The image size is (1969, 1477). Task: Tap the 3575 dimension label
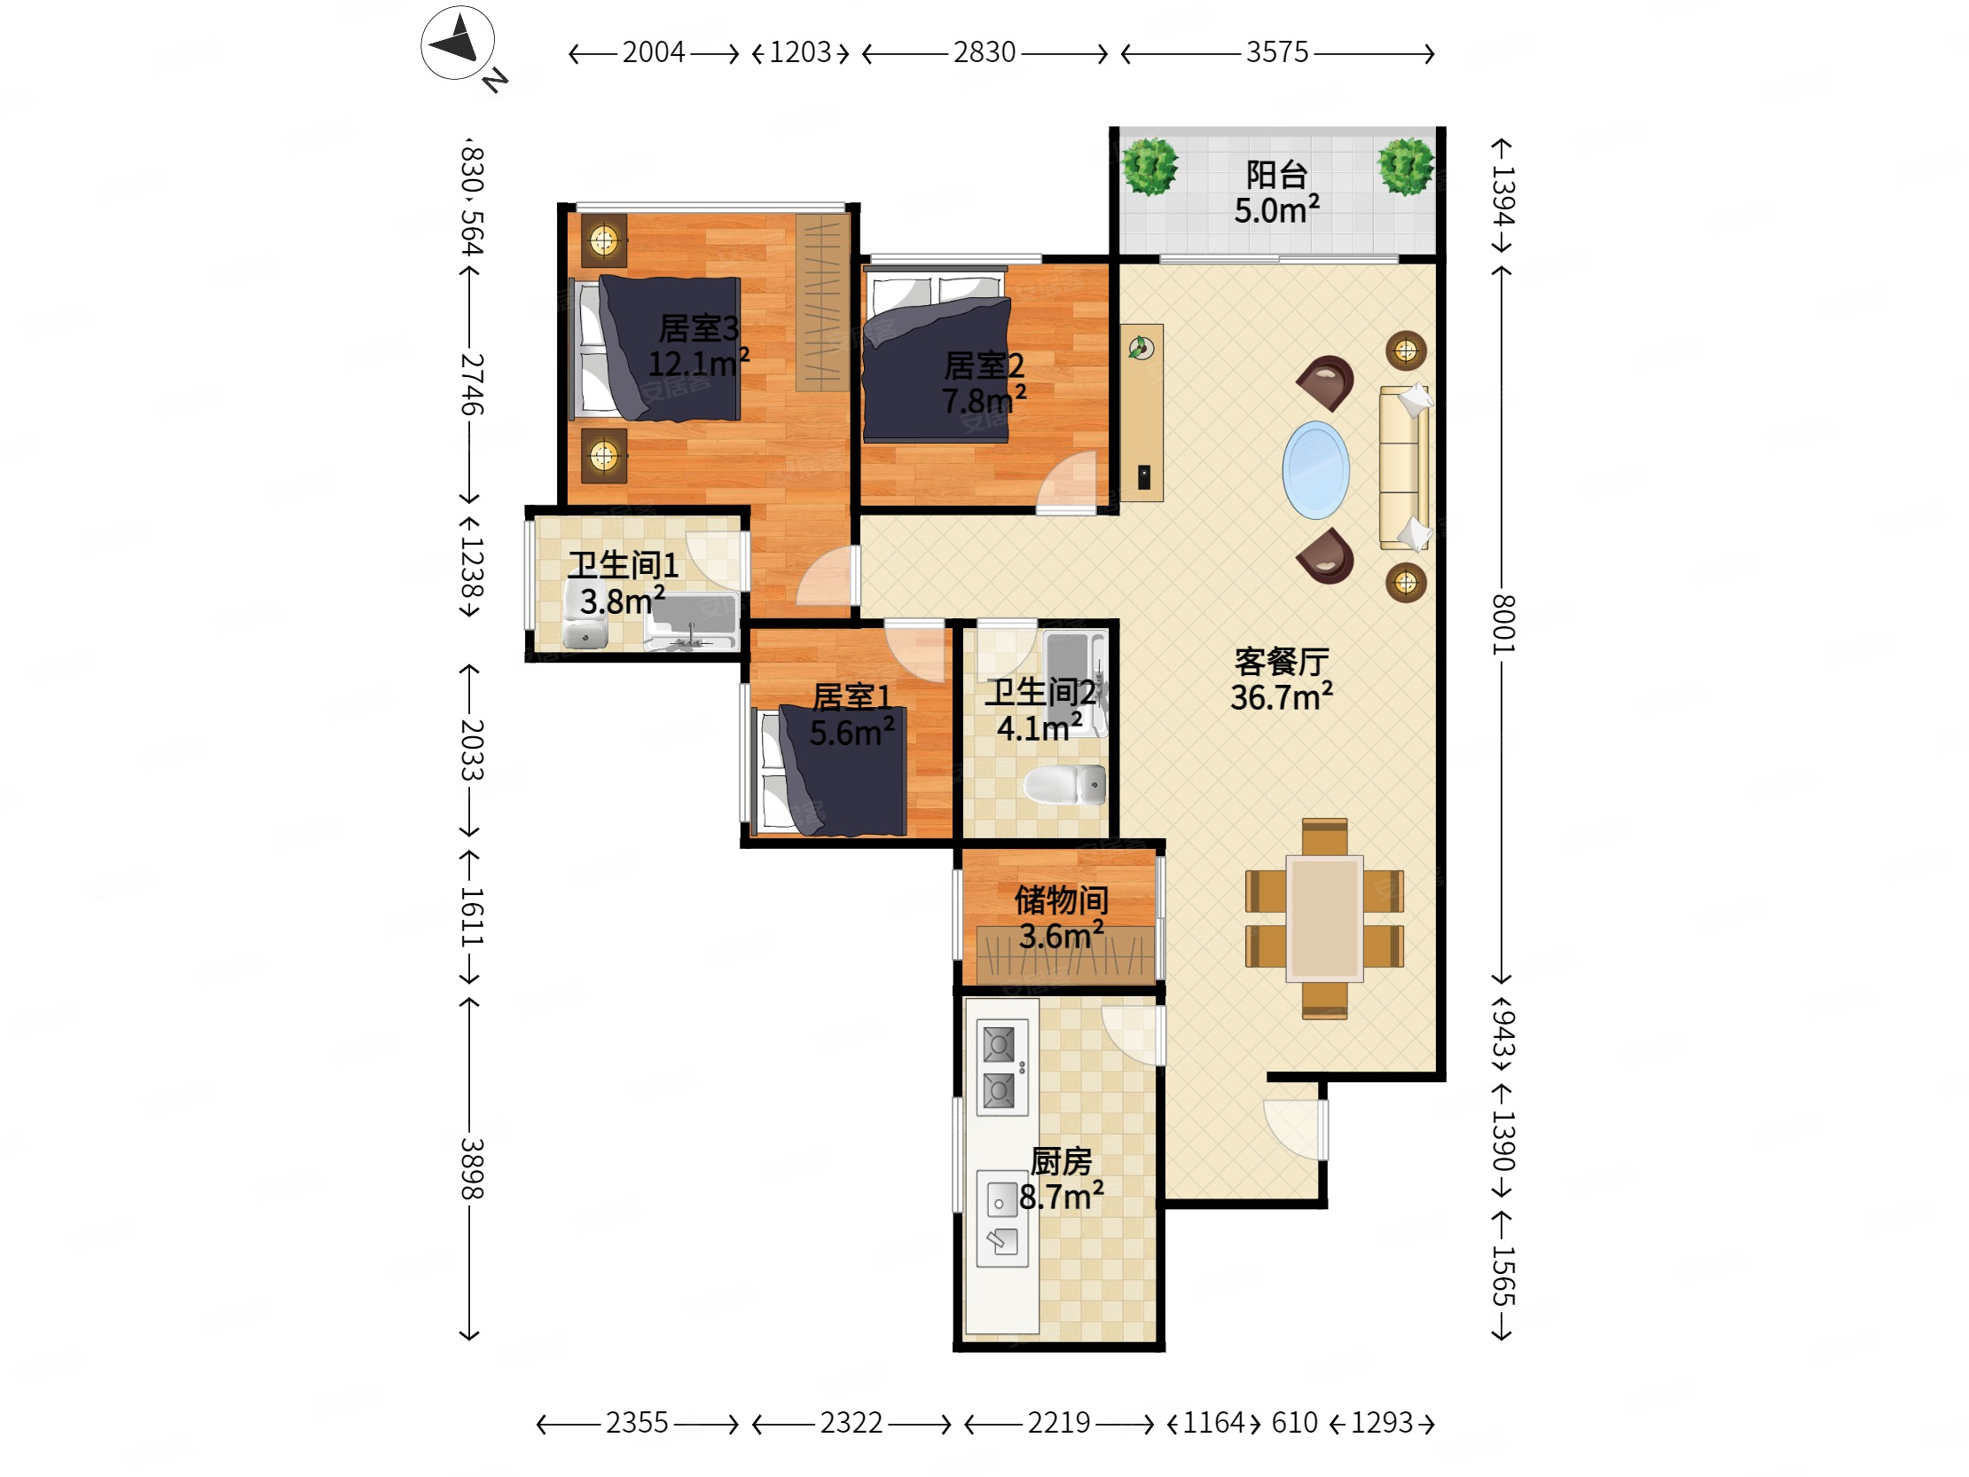tap(1277, 52)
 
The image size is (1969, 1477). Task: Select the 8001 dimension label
tap(1502, 625)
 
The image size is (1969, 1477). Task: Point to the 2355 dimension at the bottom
tap(637, 1423)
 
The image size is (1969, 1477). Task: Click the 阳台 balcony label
tap(1276, 175)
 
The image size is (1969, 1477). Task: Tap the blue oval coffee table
tap(1315, 469)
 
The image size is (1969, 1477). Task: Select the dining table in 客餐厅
tap(1324, 918)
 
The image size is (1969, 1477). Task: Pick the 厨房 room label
tap(1061, 1161)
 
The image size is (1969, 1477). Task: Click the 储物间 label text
tap(1061, 900)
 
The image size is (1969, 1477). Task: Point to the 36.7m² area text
tap(1281, 696)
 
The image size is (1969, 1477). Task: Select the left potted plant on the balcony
tap(1150, 167)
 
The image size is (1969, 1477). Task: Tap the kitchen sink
tap(1002, 1218)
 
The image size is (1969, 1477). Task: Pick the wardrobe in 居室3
tap(821, 302)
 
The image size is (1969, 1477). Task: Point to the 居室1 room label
tap(851, 697)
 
